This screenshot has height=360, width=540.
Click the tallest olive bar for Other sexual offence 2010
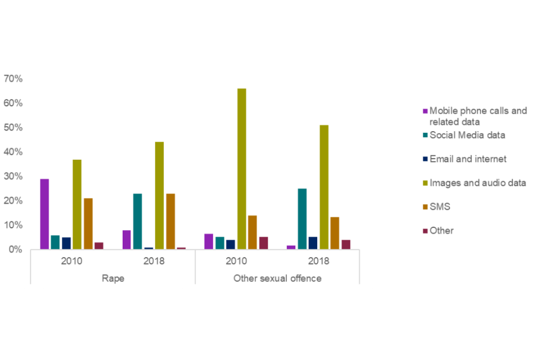[241, 169]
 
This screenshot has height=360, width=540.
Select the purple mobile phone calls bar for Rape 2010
[44, 214]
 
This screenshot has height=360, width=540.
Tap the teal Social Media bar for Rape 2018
[137, 221]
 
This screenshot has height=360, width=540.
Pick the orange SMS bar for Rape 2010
[88, 223]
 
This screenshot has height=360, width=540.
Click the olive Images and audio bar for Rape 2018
[159, 195]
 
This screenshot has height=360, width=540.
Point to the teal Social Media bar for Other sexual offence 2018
[302, 219]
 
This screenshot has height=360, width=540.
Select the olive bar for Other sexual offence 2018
[324, 187]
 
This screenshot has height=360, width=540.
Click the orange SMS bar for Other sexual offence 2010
[252, 232]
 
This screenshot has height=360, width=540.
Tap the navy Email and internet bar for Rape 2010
[66, 243]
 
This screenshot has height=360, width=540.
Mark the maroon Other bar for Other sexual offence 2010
[263, 242]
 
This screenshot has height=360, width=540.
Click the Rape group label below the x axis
[112, 278]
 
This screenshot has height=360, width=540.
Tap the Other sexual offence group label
[277, 278]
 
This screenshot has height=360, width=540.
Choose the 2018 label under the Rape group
[154, 262]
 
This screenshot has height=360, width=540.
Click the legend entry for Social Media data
[467, 135]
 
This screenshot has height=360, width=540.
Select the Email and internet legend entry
[467, 159]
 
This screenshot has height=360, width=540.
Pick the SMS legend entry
[439, 207]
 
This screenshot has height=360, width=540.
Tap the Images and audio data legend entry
[478, 183]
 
